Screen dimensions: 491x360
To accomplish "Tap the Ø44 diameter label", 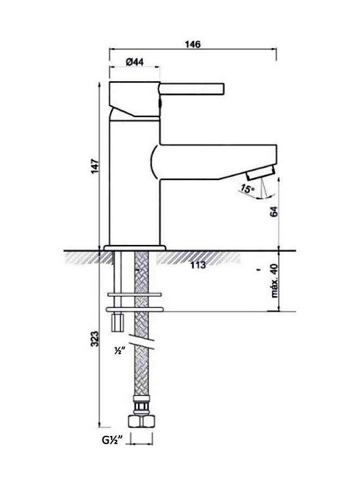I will pyautogui.click(x=134, y=62).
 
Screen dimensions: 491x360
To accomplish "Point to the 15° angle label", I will pyautogui.click(x=247, y=189).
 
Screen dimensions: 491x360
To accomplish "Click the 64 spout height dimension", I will pyautogui.click(x=274, y=212).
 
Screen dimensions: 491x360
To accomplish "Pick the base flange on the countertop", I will pyautogui.click(x=134, y=248).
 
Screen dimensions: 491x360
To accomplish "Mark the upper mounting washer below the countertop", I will pyautogui.click(x=136, y=295).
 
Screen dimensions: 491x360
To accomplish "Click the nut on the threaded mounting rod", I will pyautogui.click(x=117, y=322).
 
